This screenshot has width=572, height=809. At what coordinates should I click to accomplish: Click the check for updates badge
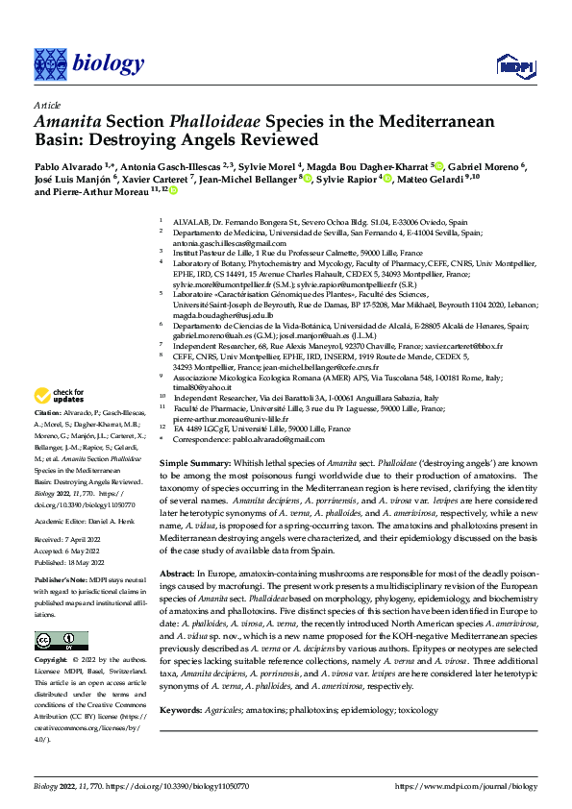59,396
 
